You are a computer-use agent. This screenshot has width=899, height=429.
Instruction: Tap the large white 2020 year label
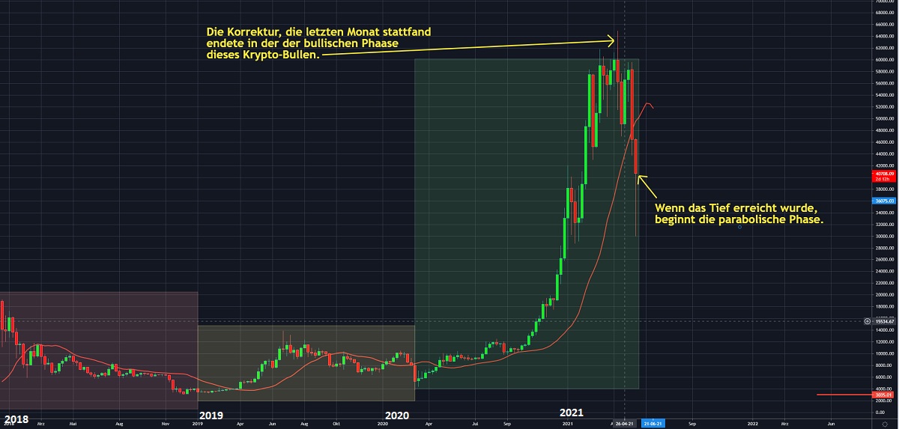pyautogui.click(x=399, y=415)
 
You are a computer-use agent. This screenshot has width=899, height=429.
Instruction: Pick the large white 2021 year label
pyautogui.click(x=572, y=413)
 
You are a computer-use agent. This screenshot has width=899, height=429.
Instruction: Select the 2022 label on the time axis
pyautogui.click(x=751, y=424)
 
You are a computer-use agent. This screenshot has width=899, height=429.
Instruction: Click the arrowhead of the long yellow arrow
pyautogui.click(x=614, y=40)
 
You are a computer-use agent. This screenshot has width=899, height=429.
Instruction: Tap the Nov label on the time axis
pyautogui.click(x=166, y=424)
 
